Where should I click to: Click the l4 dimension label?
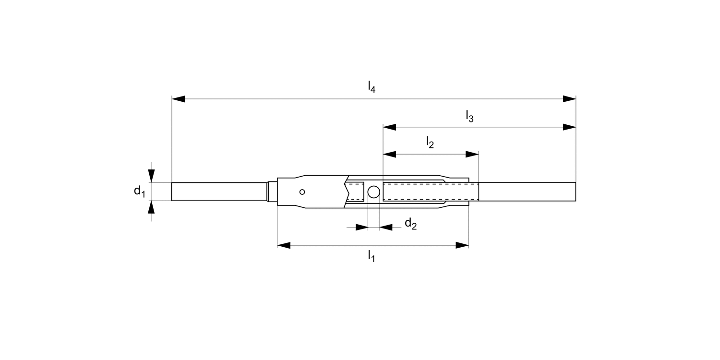click(372, 87)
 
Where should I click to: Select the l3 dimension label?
click(469, 116)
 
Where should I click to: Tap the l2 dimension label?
click(430, 142)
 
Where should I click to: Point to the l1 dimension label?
click(372, 256)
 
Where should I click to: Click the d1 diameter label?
click(139, 192)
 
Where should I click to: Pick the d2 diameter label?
click(410, 224)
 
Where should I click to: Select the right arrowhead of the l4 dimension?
click(569, 99)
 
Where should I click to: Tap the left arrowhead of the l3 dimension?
click(389, 127)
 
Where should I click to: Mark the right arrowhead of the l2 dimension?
click(472, 155)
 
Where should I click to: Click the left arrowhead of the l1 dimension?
click(284, 245)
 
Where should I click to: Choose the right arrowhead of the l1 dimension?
click(462, 245)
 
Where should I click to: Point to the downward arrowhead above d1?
click(151, 176)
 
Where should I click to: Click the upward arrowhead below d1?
click(151, 207)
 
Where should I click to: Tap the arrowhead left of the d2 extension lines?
click(361, 227)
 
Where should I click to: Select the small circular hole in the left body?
click(302, 192)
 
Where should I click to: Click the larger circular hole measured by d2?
click(373, 192)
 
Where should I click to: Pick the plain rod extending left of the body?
click(218, 192)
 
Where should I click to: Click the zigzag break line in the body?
click(347, 192)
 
